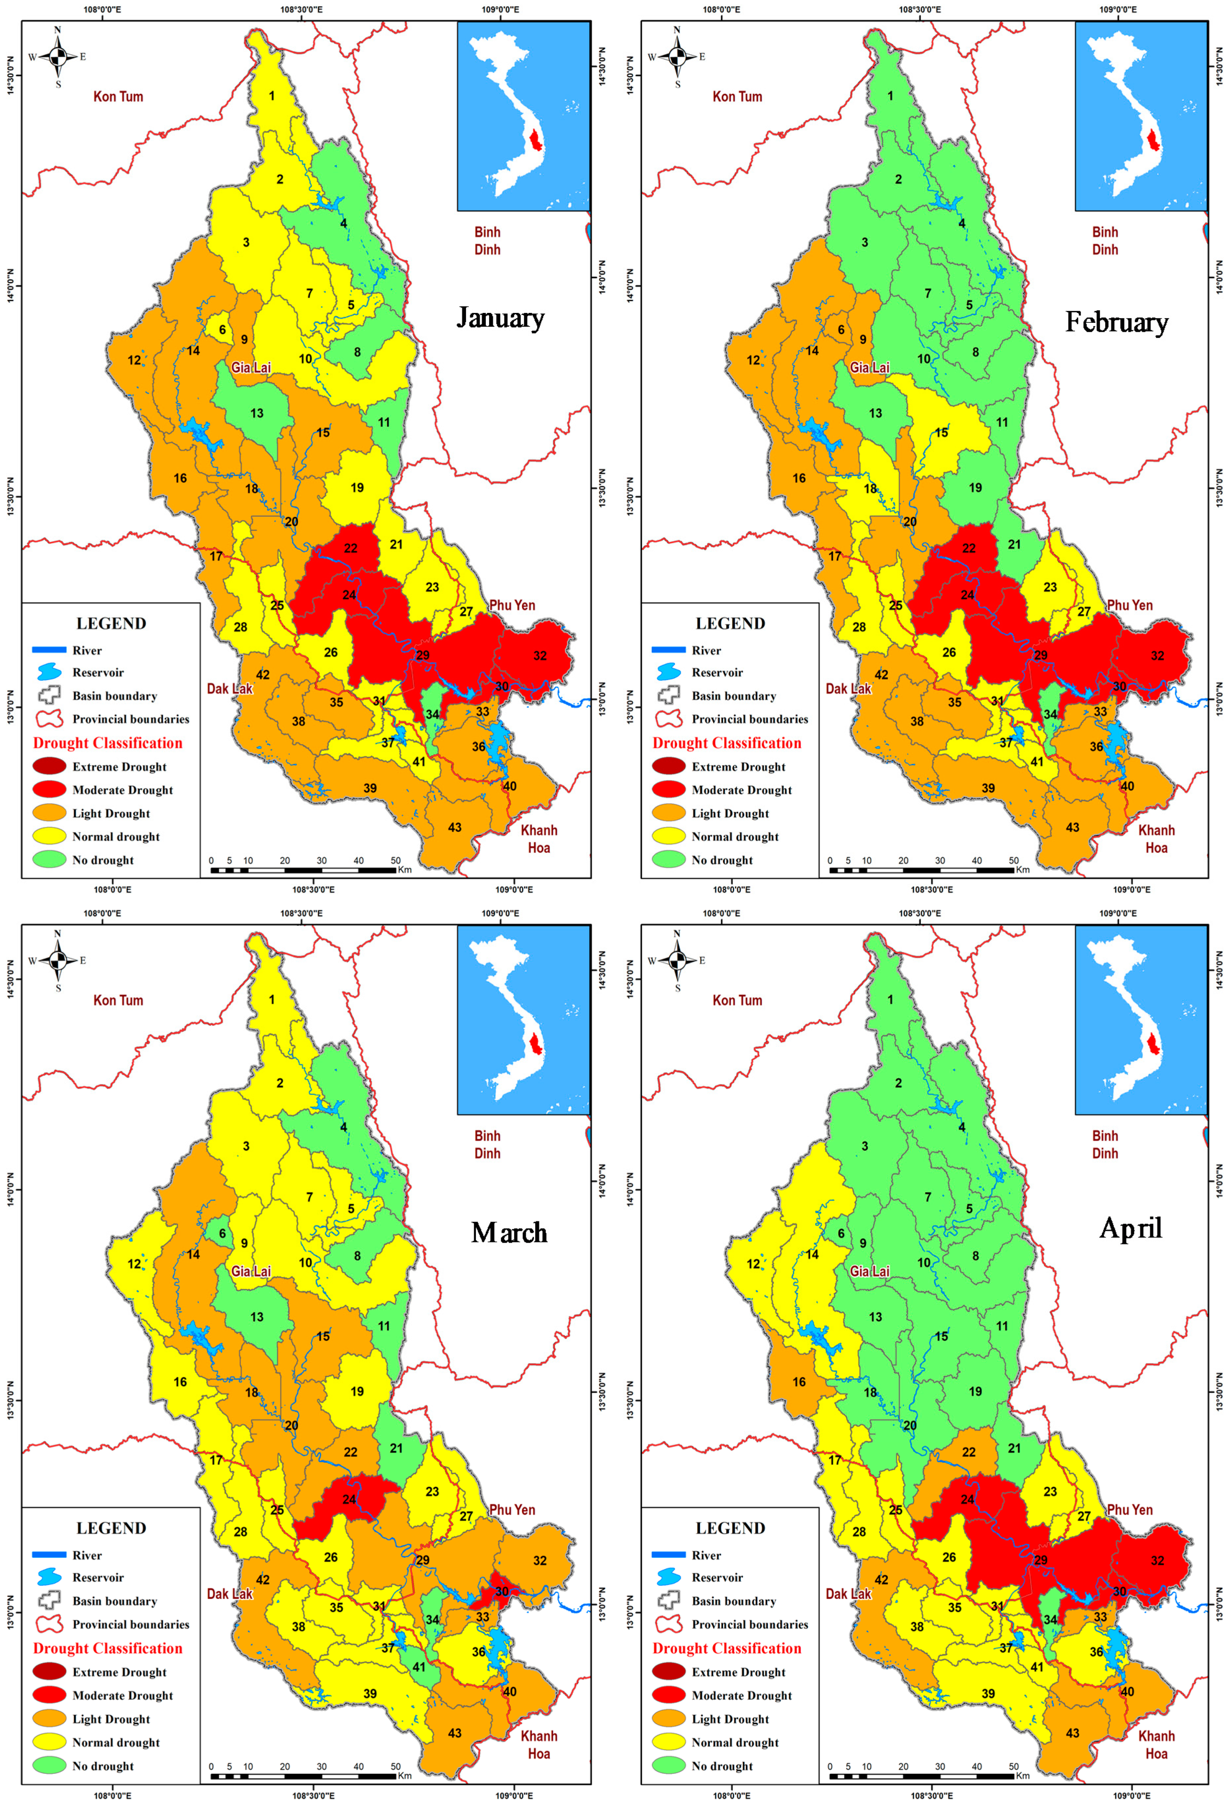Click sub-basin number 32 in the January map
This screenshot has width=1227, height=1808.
[x=540, y=656]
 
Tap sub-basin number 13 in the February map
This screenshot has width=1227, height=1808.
[x=875, y=413]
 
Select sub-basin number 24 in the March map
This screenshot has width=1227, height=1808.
[x=349, y=1499]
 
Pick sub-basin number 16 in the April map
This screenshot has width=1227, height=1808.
[x=799, y=1382]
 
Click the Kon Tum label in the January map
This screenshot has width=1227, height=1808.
[x=118, y=96]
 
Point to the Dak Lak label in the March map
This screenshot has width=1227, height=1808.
[x=229, y=1593]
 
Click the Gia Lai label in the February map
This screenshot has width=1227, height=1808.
[x=869, y=367]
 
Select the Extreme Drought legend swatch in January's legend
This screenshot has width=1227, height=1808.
[x=49, y=766]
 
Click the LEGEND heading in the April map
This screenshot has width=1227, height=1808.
[x=730, y=1528]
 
